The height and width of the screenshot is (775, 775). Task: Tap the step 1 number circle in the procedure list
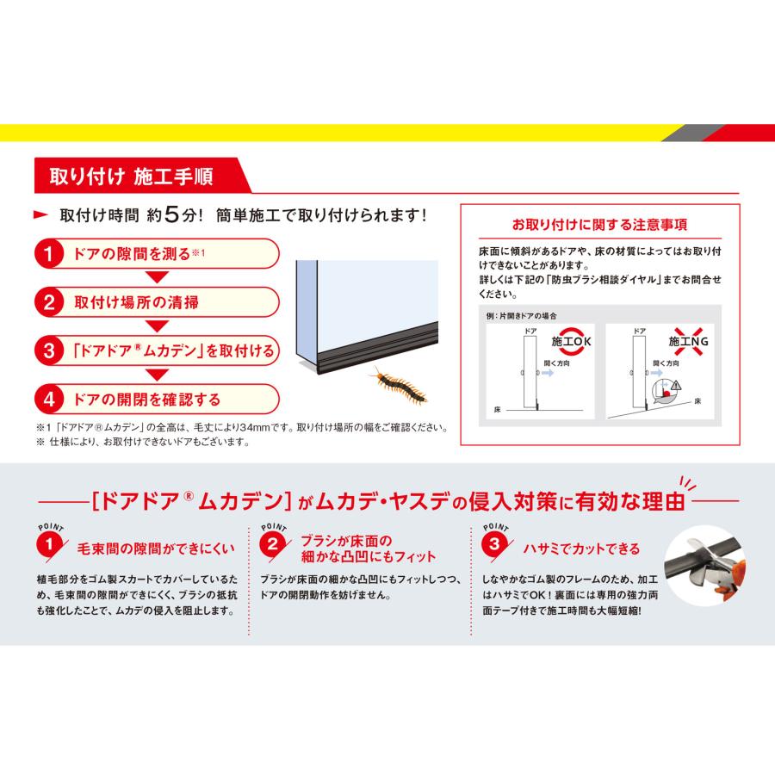50,255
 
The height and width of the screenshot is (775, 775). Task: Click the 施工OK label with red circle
571,342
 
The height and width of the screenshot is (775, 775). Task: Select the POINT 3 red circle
493,544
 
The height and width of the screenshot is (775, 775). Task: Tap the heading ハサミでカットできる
582,548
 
